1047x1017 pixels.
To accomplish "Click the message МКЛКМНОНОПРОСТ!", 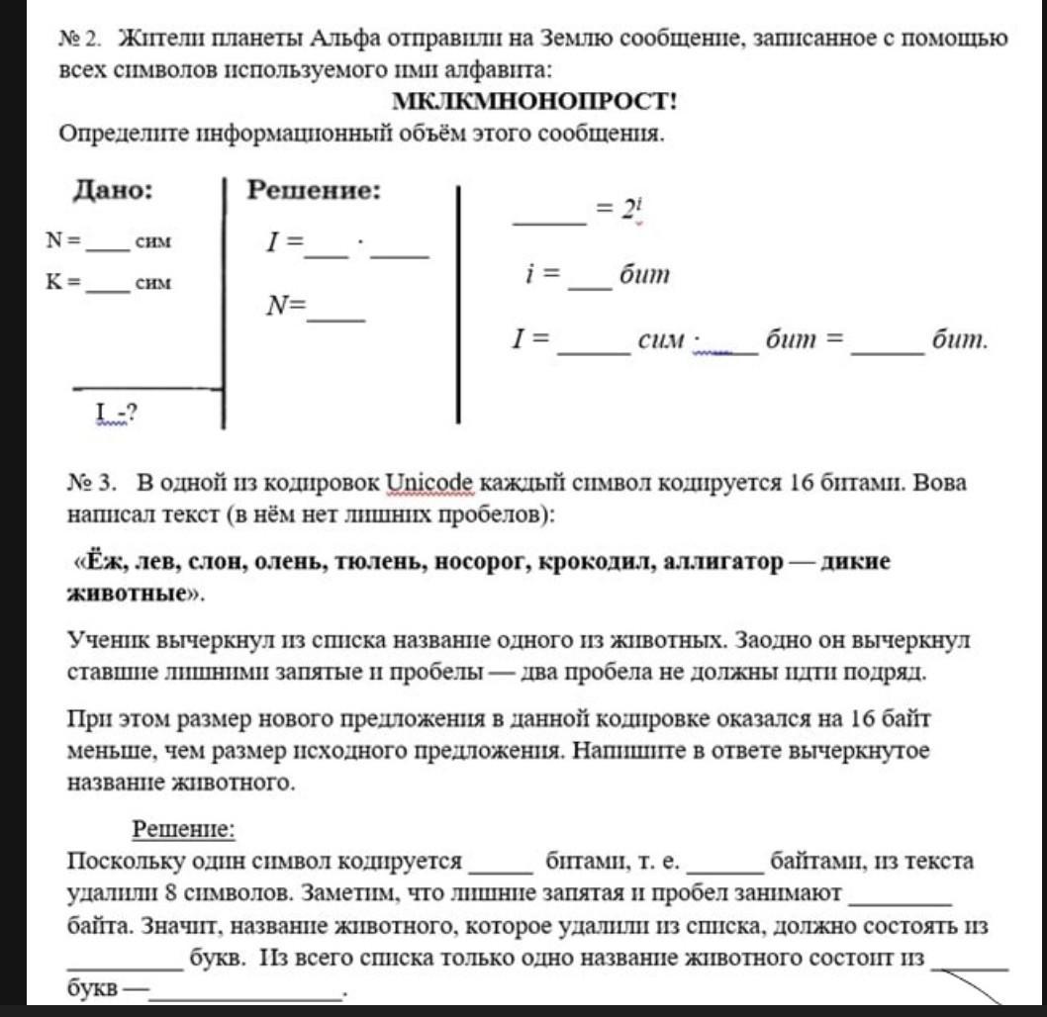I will (535, 102).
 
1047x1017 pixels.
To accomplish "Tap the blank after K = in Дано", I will (108, 283).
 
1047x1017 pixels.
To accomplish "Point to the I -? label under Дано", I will (115, 412).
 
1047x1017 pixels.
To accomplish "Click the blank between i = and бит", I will (591, 277).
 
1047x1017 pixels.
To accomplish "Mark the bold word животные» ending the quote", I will (134, 596).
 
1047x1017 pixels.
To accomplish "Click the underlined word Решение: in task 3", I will (184, 828).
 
